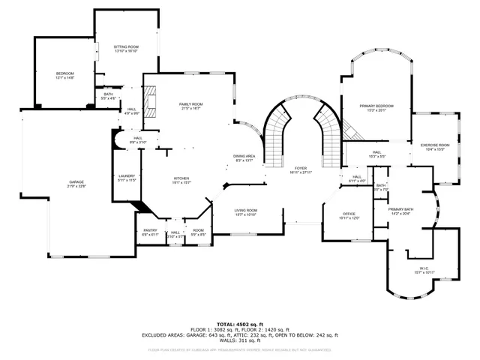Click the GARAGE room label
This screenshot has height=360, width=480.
77,183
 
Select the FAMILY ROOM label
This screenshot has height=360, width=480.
190,106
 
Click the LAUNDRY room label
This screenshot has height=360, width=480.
126,178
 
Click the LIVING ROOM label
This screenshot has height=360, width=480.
246,212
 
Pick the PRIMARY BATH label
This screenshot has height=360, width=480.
401,211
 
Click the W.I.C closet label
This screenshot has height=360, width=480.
423,270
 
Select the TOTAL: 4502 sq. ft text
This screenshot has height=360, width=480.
241,324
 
